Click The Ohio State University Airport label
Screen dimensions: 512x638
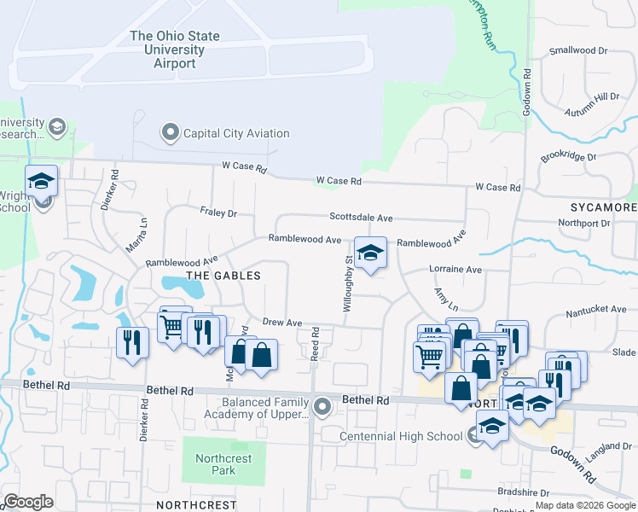click(x=175, y=49)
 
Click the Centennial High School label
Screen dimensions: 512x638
click(x=401, y=437)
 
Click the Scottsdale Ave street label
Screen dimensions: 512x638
click(x=362, y=218)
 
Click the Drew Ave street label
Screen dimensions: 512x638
click(x=282, y=323)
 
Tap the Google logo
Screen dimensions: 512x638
click(x=28, y=502)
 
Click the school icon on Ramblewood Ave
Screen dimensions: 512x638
click(x=370, y=253)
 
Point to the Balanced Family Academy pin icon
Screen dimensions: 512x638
click(x=322, y=406)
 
